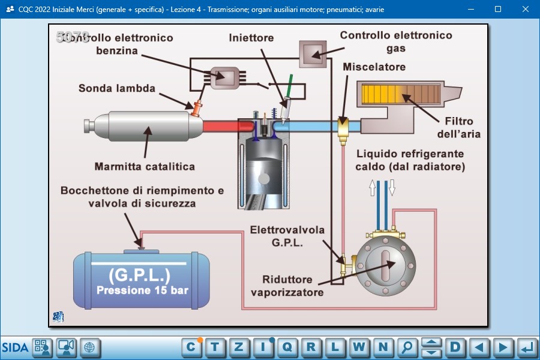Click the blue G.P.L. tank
[142, 280]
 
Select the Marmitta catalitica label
[145, 166]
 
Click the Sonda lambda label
[117, 89]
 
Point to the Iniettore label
[251, 38]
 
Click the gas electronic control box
[313, 54]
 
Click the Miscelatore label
[374, 67]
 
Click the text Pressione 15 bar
[142, 291]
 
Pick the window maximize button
[497, 9]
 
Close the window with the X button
[526, 9]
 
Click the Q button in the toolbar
[287, 347]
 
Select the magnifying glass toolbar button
[407, 347]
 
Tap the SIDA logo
[15, 347]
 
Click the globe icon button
[89, 347]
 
